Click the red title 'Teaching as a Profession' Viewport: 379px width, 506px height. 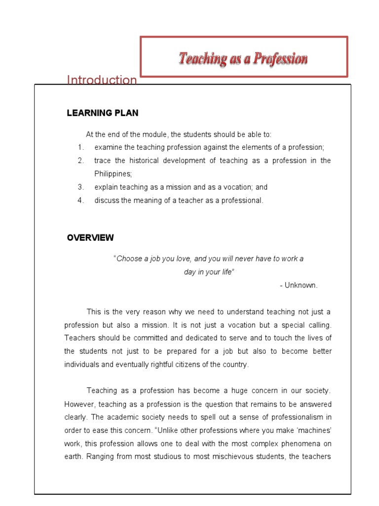(x=243, y=59)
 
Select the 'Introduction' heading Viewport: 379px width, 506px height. (x=102, y=80)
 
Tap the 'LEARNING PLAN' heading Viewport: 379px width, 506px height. (x=103, y=113)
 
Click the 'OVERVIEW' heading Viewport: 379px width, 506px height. (x=90, y=238)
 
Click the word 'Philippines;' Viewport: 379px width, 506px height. (x=113, y=174)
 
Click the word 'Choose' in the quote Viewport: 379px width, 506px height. (x=128, y=259)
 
